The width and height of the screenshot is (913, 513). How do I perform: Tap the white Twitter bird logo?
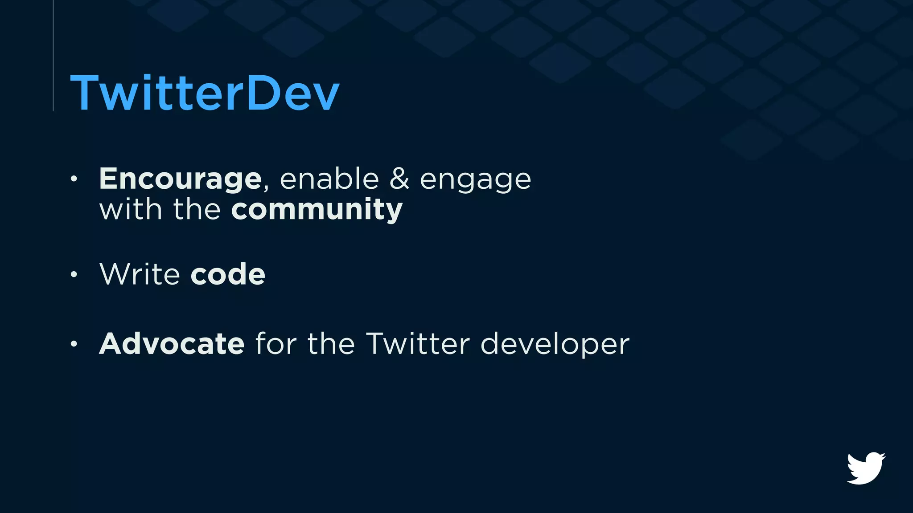point(866,468)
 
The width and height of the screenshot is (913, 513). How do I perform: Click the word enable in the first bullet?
point(329,179)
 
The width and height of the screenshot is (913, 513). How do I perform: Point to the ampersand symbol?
point(399,179)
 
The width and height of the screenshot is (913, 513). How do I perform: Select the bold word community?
point(317,210)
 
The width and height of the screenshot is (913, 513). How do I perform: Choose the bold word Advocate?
point(172,344)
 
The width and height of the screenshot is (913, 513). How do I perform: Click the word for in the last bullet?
point(276,344)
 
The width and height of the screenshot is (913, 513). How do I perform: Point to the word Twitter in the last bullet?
point(418,344)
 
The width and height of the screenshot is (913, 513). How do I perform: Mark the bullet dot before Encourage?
point(74,179)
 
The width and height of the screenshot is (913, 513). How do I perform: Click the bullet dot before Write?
point(74,274)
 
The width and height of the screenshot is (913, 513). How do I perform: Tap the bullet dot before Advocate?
point(74,344)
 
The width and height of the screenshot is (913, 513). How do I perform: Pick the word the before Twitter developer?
point(331,344)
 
